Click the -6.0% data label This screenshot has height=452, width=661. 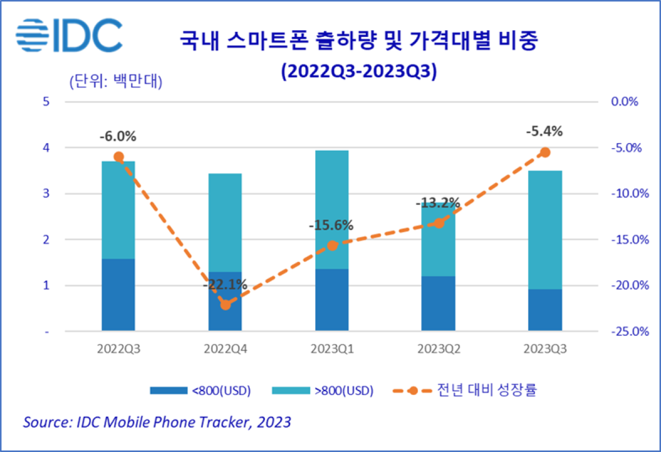[118, 136]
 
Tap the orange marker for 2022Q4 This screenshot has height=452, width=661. [225, 305]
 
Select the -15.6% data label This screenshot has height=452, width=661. [331, 225]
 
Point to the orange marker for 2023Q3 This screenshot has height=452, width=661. [544, 153]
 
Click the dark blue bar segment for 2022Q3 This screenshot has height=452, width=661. [118, 294]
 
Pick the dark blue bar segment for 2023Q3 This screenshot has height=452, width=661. [544, 310]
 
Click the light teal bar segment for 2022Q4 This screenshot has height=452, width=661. [225, 222]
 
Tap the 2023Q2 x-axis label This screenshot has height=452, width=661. [438, 349]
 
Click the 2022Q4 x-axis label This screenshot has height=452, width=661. [225, 349]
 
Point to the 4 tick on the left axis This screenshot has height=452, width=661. [46, 148]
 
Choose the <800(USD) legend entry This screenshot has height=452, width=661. [200, 390]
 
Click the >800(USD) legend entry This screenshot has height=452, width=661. [322, 390]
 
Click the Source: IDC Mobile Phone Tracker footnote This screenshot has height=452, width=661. [157, 422]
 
